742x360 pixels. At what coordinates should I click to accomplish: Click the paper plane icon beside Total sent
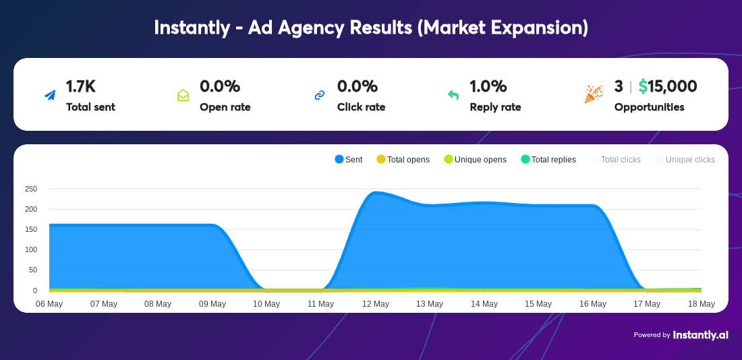(50, 95)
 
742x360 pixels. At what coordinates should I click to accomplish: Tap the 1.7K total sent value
(80, 86)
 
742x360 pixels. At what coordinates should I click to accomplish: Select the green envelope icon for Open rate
(183, 96)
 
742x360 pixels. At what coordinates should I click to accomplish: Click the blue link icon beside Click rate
(320, 96)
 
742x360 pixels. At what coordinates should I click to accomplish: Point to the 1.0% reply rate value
(488, 86)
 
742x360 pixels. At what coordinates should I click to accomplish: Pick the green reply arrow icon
(453, 95)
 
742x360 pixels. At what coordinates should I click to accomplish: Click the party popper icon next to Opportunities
(594, 94)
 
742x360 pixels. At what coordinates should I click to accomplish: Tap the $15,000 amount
(668, 86)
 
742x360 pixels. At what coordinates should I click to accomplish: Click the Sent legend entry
(349, 159)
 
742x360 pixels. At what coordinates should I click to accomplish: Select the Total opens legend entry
(403, 159)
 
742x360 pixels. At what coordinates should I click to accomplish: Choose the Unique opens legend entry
(475, 159)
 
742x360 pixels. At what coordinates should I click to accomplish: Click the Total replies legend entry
(548, 159)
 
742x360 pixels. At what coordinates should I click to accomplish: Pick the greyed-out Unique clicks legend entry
(685, 159)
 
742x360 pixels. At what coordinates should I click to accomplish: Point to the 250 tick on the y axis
(30, 189)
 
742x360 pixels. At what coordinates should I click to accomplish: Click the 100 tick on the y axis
(30, 250)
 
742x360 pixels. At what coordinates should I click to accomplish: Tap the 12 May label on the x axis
(375, 303)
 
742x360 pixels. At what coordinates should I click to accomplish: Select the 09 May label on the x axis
(212, 303)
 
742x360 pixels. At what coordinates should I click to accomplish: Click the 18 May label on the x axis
(701, 303)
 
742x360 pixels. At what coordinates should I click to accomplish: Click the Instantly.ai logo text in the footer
(700, 335)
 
